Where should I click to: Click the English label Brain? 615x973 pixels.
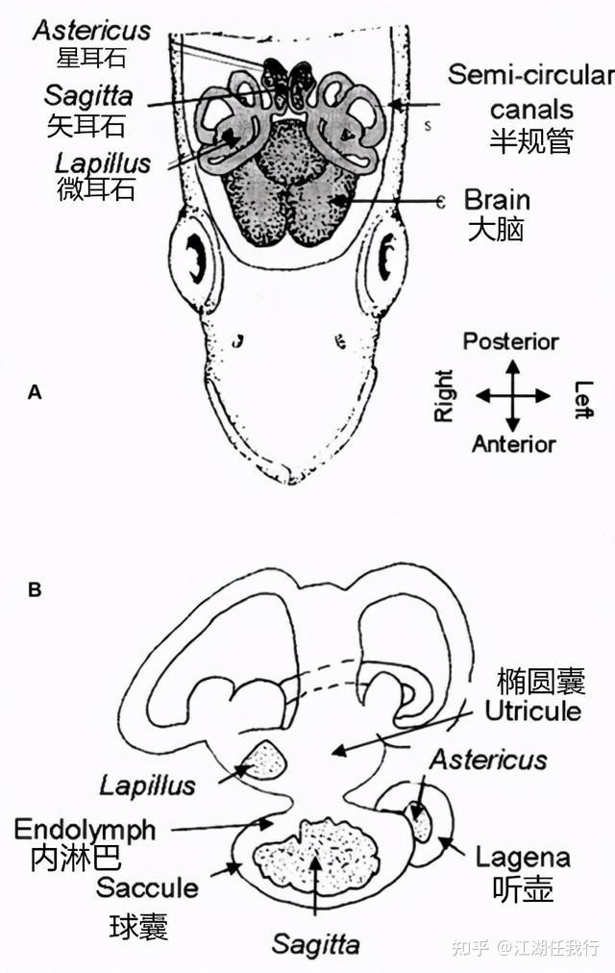(x=497, y=200)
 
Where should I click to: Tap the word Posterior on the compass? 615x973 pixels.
(x=510, y=341)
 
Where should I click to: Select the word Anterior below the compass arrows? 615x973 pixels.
(x=513, y=444)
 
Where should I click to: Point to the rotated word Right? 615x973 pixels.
(x=444, y=396)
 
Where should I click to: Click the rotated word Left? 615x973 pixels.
(x=582, y=398)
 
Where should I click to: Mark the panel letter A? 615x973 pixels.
(x=35, y=391)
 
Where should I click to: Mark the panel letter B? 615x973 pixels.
(x=35, y=589)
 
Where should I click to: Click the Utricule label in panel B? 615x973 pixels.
(x=533, y=711)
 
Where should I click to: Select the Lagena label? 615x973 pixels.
(x=523, y=857)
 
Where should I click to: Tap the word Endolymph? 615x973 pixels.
(x=85, y=829)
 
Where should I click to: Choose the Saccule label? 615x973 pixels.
(x=146, y=886)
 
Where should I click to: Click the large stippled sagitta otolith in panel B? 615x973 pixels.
(x=314, y=853)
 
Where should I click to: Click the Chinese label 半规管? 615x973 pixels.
(x=530, y=141)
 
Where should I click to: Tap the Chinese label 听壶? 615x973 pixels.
(x=523, y=889)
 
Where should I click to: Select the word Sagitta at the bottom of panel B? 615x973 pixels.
(x=315, y=944)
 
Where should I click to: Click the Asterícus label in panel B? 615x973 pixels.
(x=488, y=760)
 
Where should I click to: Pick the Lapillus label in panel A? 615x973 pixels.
(x=103, y=162)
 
